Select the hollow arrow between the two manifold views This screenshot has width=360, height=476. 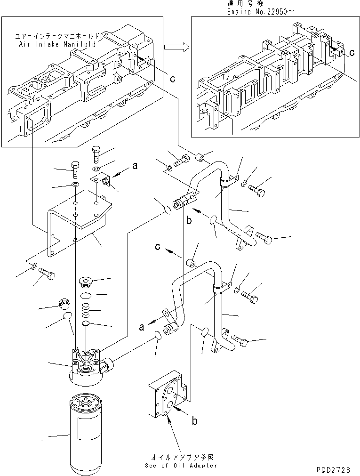[176, 47]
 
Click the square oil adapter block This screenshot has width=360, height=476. [166, 393]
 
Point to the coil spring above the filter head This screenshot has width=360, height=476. [87, 311]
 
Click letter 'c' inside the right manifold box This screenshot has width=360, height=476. [352, 54]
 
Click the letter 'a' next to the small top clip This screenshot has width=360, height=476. [135, 166]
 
